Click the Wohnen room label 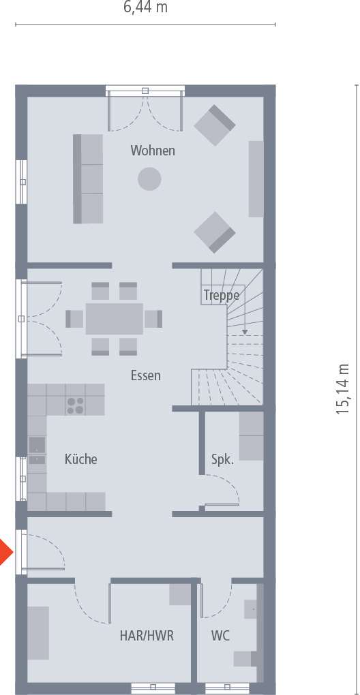tap(153, 151)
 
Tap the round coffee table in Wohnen tap(149, 179)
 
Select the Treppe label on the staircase tap(221, 295)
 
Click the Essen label tap(146, 375)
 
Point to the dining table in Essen tap(115, 318)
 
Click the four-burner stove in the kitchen tap(75, 405)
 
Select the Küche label tap(80, 459)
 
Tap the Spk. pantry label tap(222, 459)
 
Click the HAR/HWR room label tap(147, 636)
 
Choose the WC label tap(220, 636)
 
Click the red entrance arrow tap(5, 551)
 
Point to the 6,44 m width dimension tap(145, 7)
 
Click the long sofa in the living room tap(88, 179)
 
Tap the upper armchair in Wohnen tap(215, 125)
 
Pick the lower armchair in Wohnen tap(215, 232)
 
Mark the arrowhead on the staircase tap(243, 333)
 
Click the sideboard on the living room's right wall tap(256, 179)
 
